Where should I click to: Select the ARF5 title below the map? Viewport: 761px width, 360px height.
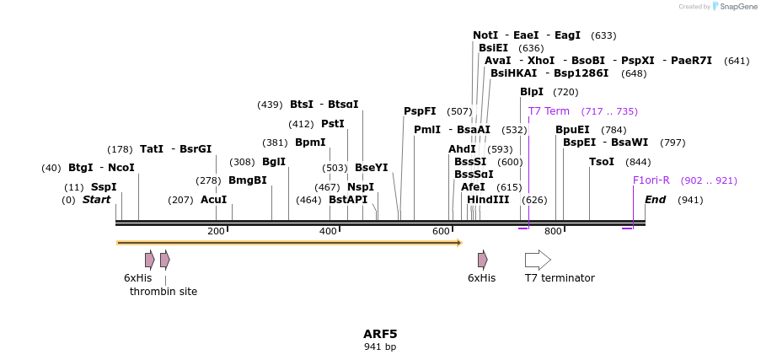[x=380, y=334]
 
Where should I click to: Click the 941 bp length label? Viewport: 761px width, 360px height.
[x=380, y=347]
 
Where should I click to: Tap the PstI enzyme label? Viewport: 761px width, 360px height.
[x=333, y=124]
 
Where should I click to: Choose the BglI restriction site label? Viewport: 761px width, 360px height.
[x=274, y=162]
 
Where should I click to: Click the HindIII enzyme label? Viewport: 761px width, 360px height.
[x=488, y=200]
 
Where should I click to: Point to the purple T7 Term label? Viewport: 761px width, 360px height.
[x=549, y=111]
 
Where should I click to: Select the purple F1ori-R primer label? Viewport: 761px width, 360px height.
[x=651, y=180]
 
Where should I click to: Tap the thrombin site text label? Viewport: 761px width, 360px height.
[x=163, y=292]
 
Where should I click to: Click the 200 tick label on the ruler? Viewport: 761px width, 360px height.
[x=216, y=232]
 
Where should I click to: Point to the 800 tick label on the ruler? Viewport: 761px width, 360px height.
[x=553, y=232]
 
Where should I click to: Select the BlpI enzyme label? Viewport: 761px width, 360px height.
[x=532, y=92]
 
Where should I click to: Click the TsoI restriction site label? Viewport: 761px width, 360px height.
[x=602, y=162]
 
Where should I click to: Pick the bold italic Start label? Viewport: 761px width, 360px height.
[x=96, y=200]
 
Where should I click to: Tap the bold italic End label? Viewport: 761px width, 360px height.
[x=656, y=200]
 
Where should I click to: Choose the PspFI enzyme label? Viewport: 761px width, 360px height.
[x=420, y=111]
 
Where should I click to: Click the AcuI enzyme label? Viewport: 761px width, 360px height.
[x=214, y=200]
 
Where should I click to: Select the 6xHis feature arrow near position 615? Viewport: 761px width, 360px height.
[x=482, y=260]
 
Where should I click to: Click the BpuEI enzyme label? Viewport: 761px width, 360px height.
[x=573, y=130]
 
